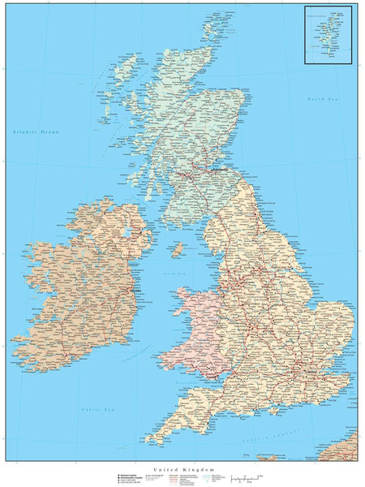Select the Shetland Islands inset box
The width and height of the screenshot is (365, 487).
pos(328,35)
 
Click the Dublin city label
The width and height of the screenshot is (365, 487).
pos(136,290)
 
